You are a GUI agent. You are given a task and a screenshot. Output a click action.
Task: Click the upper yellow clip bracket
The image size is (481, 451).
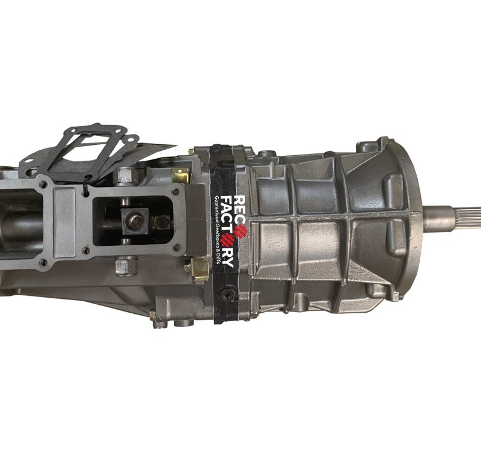pos(181,176)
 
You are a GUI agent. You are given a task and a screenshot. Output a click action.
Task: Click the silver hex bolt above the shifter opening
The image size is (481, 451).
pos(124,176)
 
